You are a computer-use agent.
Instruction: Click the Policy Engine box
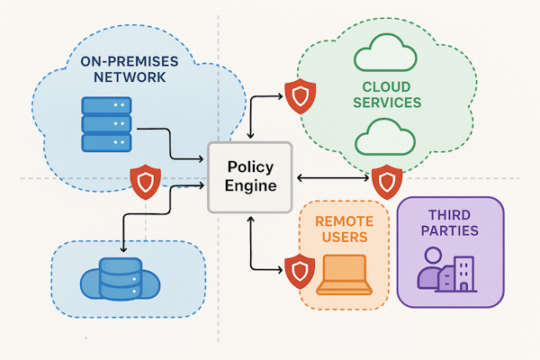pyautogui.click(x=250, y=177)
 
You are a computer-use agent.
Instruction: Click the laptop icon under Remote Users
pyautogui.click(x=343, y=275)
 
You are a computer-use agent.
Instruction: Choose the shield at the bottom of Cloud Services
pyautogui.click(x=387, y=181)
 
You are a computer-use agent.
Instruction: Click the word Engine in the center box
pyautogui.click(x=250, y=186)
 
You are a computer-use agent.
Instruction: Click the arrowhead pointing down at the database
pyautogui.click(x=122, y=248)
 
